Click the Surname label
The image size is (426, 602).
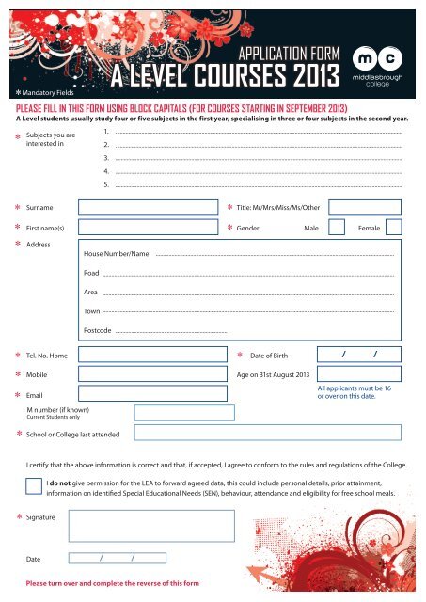[39, 206]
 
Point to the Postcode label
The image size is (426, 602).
[98, 332]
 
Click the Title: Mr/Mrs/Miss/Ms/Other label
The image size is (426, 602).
[278, 206]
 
